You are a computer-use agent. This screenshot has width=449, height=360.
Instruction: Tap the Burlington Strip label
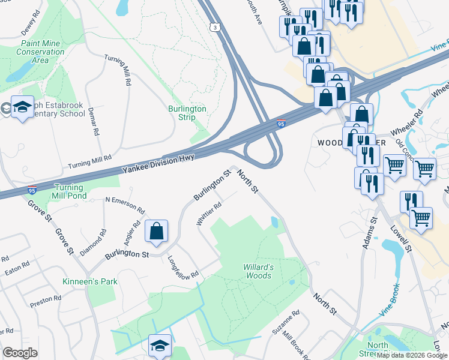[x=187, y=113]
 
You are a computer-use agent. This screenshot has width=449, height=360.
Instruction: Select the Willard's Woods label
[x=259, y=271]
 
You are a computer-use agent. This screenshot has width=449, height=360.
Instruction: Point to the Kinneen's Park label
[x=90, y=281]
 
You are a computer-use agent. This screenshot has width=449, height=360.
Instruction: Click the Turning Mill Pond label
[x=70, y=191]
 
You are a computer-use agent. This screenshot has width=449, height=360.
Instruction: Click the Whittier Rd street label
[x=209, y=214]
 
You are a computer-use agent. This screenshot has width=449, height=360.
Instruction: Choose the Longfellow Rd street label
[x=183, y=268]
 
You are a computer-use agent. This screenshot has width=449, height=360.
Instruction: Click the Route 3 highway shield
[x=214, y=27]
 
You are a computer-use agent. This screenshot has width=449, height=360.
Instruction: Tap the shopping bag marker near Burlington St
[x=156, y=231]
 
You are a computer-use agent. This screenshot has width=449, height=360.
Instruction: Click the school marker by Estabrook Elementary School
[x=22, y=108]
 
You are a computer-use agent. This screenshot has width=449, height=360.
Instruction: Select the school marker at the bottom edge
[x=160, y=346]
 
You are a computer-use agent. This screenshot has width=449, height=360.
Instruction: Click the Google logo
[x=20, y=353]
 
